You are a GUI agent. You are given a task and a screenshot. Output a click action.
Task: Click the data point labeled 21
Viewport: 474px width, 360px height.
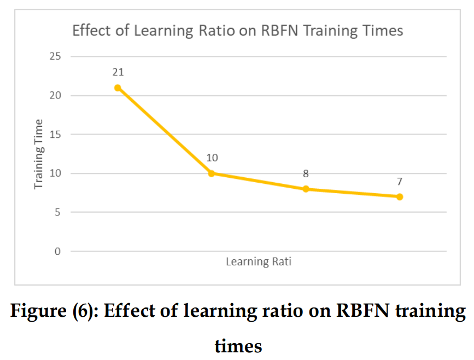(x=118, y=88)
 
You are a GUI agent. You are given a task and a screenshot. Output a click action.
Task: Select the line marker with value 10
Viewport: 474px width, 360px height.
(x=212, y=173)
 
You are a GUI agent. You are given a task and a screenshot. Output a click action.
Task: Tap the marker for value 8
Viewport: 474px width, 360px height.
(x=306, y=189)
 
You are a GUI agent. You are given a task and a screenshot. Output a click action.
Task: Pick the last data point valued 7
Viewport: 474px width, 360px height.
(x=400, y=197)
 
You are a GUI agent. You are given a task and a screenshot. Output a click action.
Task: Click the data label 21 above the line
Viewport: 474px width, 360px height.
(x=118, y=72)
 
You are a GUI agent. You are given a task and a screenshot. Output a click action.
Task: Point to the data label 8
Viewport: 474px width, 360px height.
(x=306, y=173)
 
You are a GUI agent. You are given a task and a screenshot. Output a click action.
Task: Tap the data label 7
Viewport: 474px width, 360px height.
(x=400, y=182)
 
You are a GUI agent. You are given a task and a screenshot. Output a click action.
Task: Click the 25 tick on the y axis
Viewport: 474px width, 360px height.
(x=55, y=56)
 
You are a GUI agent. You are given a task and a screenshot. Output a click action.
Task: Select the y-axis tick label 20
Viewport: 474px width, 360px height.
(x=55, y=95)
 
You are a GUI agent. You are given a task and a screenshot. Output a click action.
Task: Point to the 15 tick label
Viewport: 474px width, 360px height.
(x=55, y=135)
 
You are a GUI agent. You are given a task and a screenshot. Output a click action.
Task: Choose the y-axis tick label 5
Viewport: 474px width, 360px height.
(x=58, y=212)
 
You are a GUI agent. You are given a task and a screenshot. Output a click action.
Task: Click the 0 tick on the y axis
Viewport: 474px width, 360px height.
(x=58, y=251)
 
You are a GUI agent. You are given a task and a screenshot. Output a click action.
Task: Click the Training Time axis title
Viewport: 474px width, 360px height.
(x=39, y=154)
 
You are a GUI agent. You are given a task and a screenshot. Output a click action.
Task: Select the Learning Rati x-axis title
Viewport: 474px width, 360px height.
(x=259, y=262)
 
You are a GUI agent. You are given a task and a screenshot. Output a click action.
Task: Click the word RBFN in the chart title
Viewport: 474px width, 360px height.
(x=279, y=31)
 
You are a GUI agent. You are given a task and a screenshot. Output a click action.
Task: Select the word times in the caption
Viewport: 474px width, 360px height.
(x=238, y=347)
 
